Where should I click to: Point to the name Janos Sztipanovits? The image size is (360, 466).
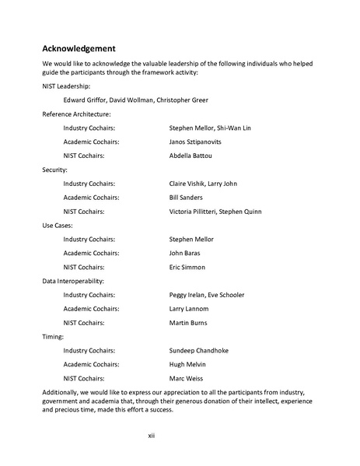tap(196, 142)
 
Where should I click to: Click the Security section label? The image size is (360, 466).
tap(55, 169)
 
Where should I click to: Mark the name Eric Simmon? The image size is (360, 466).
tap(187, 267)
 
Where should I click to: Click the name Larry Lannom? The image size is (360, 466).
tap(188, 308)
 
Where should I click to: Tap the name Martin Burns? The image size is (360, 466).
tap(188, 322)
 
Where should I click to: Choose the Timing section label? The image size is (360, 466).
tap(54, 336)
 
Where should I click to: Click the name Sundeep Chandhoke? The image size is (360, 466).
tap(198, 350)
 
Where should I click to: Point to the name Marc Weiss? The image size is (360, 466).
tap(186, 378)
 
